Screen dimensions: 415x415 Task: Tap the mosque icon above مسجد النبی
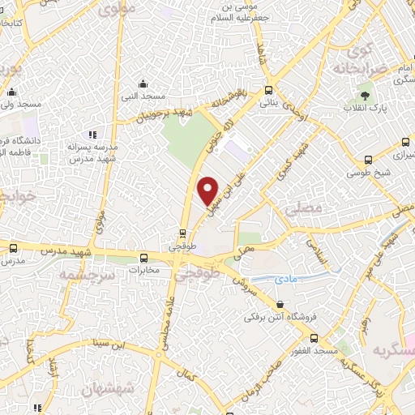point(143,83)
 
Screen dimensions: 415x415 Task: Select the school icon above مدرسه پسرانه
point(93,135)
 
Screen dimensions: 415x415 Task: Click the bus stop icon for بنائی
point(268,91)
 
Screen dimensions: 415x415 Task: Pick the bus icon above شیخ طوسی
point(369,160)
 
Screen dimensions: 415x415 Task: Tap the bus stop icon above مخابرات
point(143,257)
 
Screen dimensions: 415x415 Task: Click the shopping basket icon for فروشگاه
point(280,305)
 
